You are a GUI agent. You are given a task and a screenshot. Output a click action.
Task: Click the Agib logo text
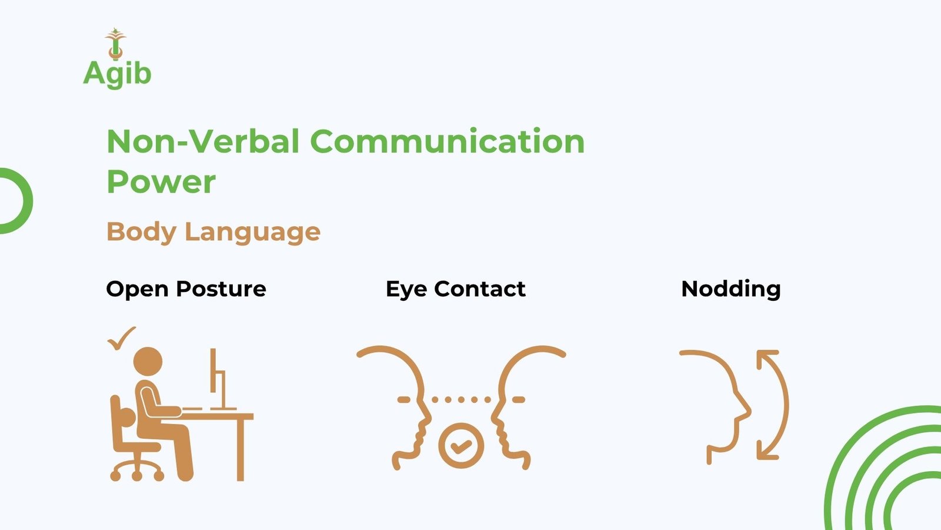117,74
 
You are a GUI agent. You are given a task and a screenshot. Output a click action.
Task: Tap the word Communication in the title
448,141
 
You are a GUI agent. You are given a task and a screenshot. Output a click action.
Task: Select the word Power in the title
161,183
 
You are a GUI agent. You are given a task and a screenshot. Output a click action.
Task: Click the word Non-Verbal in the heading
203,141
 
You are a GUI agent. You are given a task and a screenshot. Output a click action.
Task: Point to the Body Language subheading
213,232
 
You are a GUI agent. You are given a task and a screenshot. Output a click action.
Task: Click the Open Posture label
186,289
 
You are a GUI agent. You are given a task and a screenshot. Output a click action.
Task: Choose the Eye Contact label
456,289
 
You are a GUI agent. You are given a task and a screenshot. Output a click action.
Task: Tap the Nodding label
731,289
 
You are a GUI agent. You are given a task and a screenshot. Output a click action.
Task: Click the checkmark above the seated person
121,338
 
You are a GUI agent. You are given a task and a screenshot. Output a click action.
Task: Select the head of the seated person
148,362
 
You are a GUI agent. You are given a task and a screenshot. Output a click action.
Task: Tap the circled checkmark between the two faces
461,445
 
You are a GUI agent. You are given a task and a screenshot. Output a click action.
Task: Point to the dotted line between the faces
461,400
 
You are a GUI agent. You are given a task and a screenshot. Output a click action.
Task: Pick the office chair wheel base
137,471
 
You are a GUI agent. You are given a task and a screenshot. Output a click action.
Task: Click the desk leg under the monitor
241,450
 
